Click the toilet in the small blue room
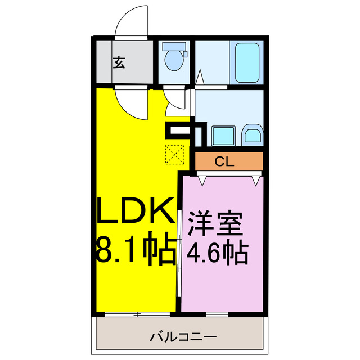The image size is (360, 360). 173,61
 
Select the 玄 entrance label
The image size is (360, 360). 119,63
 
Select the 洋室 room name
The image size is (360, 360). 216,222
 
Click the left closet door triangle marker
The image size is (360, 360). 202,180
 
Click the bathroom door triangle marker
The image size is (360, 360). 200,76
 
